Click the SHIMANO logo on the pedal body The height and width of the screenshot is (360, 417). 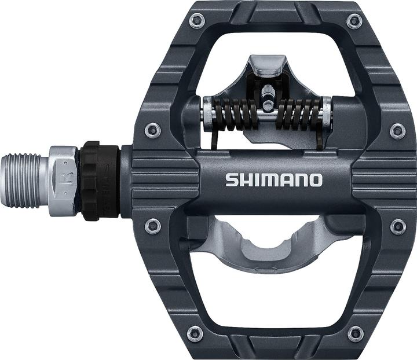pyautogui.click(x=273, y=179)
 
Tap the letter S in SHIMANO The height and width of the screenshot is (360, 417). pyautogui.click(x=231, y=179)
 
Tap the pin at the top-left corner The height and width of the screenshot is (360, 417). pyautogui.click(x=196, y=21)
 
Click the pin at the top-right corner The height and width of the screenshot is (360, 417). pyautogui.click(x=354, y=21)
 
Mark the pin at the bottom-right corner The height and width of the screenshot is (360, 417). pyautogui.click(x=354, y=333)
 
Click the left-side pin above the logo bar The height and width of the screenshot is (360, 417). pyautogui.click(x=153, y=130)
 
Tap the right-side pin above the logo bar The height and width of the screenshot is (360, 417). pyautogui.click(x=397, y=130)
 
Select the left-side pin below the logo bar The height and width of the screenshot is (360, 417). pyautogui.click(x=153, y=226)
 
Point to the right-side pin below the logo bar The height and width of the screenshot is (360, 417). pyautogui.click(x=397, y=226)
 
